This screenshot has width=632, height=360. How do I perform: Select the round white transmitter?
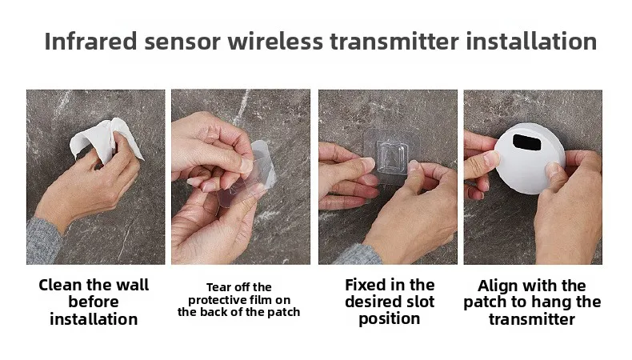pos(528,164)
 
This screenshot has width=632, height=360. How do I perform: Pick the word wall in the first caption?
pos(131,285)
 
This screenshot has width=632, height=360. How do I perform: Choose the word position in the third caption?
pos(390,318)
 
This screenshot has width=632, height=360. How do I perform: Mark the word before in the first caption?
pos(94,302)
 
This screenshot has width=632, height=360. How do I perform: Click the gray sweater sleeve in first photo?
pos(44,240)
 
